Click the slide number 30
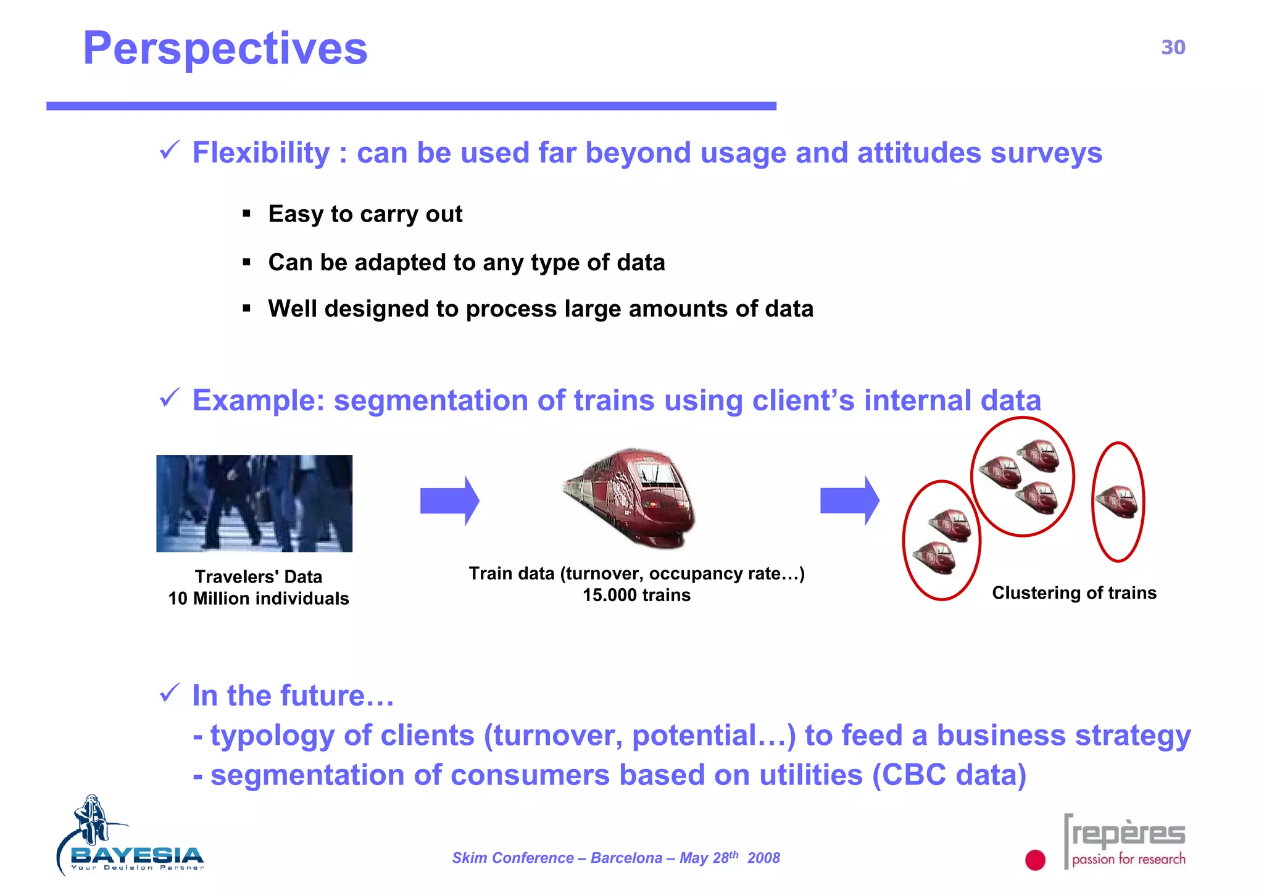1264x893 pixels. (x=1173, y=48)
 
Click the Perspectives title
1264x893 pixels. (x=225, y=49)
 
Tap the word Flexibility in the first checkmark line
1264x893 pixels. (x=261, y=152)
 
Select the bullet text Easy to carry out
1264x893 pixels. (x=365, y=214)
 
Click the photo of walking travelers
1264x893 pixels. (x=254, y=503)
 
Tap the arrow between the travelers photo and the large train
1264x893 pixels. (x=449, y=500)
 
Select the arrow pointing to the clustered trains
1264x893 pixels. (x=849, y=500)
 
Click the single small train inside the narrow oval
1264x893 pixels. (x=1118, y=501)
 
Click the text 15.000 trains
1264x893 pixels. (x=636, y=596)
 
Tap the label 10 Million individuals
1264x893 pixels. (x=259, y=599)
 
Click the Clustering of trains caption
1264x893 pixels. (x=1074, y=593)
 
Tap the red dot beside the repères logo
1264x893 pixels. (x=1035, y=860)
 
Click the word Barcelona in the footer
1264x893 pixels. (x=626, y=858)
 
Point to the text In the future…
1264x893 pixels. (x=293, y=696)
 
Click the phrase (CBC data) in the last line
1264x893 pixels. (x=949, y=775)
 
